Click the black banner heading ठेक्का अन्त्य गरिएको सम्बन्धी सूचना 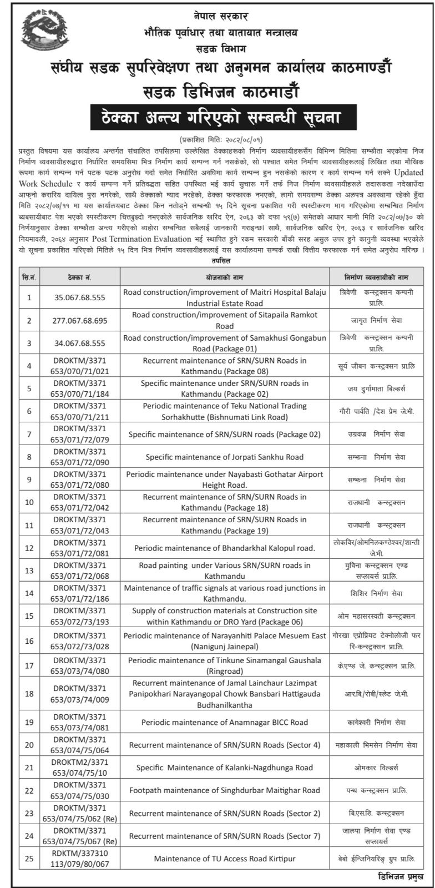[217, 118]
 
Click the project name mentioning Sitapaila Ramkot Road [225, 321]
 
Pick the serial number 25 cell [29, 859]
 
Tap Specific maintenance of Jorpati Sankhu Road [225, 457]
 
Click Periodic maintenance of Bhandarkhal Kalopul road [225, 548]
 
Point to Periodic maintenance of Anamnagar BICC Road [225, 722]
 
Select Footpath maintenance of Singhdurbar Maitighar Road [225, 790]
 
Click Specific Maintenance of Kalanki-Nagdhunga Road [225, 768]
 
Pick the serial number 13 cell [29, 571]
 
